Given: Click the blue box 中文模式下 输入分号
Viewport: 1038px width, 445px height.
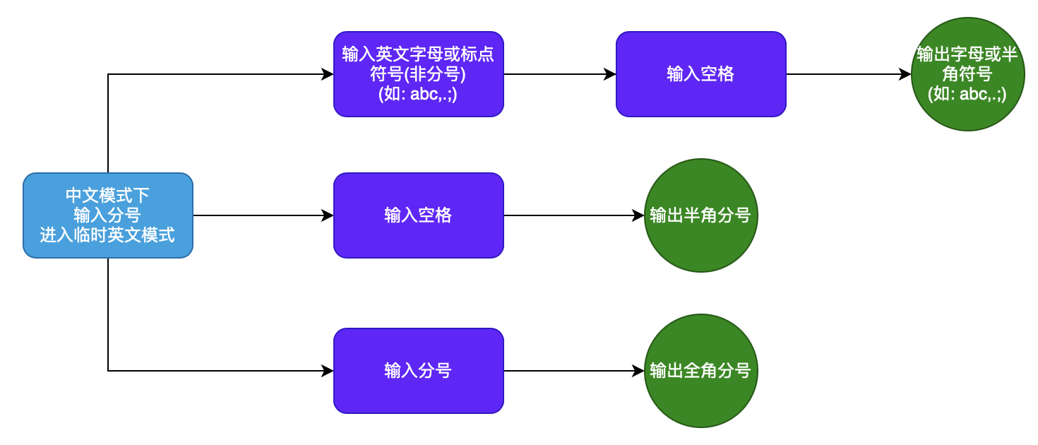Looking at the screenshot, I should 107,215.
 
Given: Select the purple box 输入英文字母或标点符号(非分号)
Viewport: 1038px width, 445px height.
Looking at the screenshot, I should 418,74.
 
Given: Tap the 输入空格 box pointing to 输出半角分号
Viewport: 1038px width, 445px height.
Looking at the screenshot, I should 418,215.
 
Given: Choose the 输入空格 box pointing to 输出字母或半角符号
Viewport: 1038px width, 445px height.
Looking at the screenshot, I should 700,74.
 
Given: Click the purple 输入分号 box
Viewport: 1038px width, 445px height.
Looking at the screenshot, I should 418,371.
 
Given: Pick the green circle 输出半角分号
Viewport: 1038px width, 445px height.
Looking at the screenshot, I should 700,215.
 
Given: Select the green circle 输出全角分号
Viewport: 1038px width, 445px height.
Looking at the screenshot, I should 700,371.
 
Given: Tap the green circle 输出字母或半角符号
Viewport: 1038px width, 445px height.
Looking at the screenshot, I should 967,74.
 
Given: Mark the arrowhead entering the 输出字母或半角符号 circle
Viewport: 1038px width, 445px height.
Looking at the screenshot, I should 905,74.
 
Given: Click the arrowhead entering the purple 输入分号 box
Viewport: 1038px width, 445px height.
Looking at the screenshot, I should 328,371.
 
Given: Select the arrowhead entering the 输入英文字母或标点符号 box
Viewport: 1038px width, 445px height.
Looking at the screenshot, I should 328,74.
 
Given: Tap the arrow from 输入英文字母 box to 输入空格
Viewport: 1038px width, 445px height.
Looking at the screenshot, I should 558,74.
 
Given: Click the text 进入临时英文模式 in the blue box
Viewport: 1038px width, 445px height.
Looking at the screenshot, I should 107,236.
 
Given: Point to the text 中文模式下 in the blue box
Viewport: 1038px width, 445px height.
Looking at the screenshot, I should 107,195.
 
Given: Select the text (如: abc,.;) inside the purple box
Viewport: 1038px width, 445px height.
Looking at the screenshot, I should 418,94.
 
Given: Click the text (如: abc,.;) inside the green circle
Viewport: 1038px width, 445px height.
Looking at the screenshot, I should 967,95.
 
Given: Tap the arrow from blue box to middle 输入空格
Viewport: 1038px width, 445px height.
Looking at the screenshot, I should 261,215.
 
